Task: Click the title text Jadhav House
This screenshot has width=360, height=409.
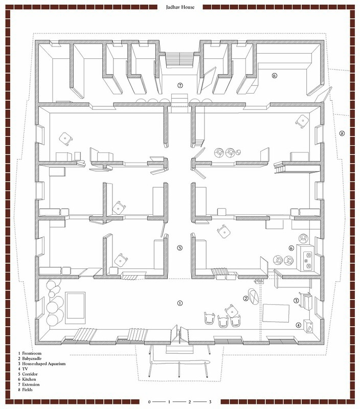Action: pos(180,7)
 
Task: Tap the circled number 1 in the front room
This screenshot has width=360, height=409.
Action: pos(179,303)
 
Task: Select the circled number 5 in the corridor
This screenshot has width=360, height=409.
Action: pos(179,248)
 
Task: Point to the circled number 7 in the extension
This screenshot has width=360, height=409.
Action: pos(179,85)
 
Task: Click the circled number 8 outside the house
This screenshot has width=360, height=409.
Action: pos(342,133)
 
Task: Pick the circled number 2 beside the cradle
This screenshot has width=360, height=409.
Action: pos(245,299)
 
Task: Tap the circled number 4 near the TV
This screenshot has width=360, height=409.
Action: pos(298,325)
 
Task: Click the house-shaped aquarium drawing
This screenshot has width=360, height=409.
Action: pos(307,302)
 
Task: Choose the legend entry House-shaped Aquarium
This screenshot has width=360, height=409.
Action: pos(44,363)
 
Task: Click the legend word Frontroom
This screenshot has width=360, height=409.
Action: pos(32,353)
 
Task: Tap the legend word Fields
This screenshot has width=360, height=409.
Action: pos(28,390)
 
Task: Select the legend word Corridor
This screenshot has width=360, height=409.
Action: pos(30,374)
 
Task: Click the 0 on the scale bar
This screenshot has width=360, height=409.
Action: pos(149,402)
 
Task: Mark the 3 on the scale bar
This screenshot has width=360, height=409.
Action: pos(210,402)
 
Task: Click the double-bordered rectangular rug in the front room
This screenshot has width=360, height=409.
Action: pos(75,308)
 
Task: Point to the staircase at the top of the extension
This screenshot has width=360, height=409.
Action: pos(179,59)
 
